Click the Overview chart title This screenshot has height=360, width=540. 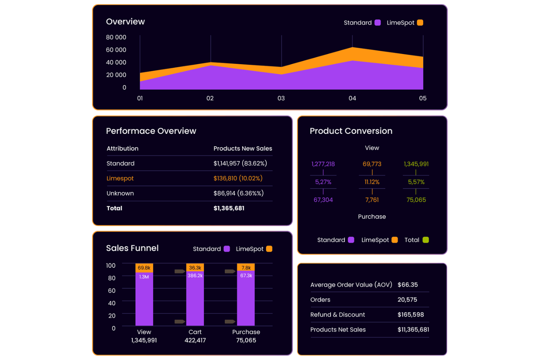(125, 22)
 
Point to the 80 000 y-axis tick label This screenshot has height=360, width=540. (116, 37)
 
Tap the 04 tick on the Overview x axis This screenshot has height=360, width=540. (352, 98)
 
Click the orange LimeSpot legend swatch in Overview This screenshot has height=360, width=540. (420, 23)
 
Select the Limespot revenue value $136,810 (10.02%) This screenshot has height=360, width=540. (238, 178)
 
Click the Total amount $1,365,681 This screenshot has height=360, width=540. (229, 208)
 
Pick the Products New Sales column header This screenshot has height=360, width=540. (243, 148)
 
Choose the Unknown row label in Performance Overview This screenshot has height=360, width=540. (120, 193)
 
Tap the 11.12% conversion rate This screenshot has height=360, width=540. (372, 182)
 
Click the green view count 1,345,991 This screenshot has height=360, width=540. (416, 164)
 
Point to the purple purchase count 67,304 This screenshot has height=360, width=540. (323, 200)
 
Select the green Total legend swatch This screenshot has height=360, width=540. (425, 240)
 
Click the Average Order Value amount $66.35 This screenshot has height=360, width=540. (408, 285)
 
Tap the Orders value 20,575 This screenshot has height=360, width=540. (407, 300)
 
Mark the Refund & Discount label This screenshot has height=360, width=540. (337, 315)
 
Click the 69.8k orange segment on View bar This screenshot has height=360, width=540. (144, 268)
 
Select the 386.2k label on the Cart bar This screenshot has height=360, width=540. (195, 276)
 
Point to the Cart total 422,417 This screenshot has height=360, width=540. (195, 340)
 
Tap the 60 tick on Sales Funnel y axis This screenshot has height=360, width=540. (112, 291)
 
